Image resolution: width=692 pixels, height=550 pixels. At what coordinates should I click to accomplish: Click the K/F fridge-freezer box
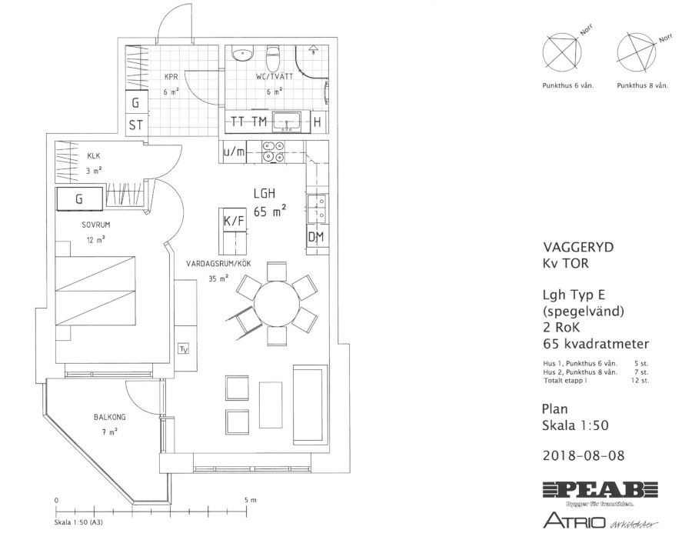pos(233,222)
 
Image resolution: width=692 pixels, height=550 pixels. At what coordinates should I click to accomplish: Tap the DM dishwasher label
pos(316,236)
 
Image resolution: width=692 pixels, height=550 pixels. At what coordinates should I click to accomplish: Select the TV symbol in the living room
pos(184,348)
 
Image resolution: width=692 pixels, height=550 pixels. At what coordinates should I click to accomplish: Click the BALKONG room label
pos(109,417)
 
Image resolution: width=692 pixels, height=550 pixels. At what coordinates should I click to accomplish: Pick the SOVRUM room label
pos(98,226)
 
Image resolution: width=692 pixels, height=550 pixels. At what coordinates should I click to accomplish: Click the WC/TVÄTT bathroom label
pos(274,78)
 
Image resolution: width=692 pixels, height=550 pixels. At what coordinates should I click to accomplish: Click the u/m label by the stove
pos(235,152)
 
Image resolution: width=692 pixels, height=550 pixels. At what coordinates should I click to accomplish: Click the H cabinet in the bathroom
pos(317,122)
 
